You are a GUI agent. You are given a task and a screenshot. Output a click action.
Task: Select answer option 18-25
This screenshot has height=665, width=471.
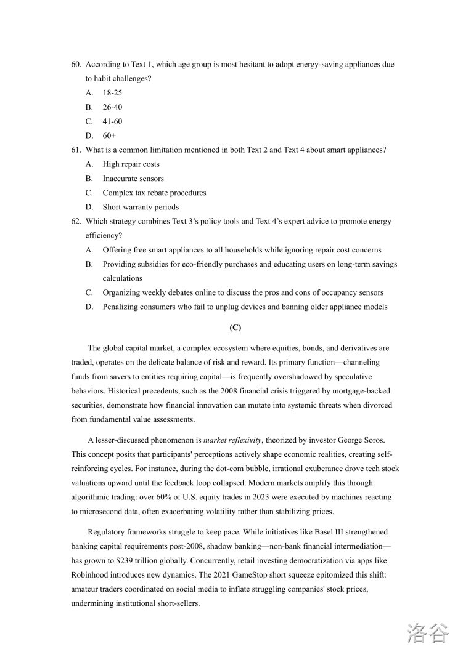[112, 93]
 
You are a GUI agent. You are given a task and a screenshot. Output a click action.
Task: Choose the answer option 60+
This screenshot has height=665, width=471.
[109, 135]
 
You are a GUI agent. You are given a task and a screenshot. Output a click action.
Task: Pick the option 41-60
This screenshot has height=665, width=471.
[112, 121]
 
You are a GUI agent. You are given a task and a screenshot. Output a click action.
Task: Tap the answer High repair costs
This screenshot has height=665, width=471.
[131, 164]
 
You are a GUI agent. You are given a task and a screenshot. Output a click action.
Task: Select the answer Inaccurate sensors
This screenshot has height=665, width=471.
[133, 179]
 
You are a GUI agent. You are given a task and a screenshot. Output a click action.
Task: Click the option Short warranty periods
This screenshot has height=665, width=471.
[141, 207]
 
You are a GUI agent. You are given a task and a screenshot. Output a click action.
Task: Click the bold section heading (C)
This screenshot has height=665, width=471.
[235, 328]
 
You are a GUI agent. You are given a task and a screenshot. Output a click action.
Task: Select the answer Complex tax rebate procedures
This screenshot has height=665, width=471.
[154, 193]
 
